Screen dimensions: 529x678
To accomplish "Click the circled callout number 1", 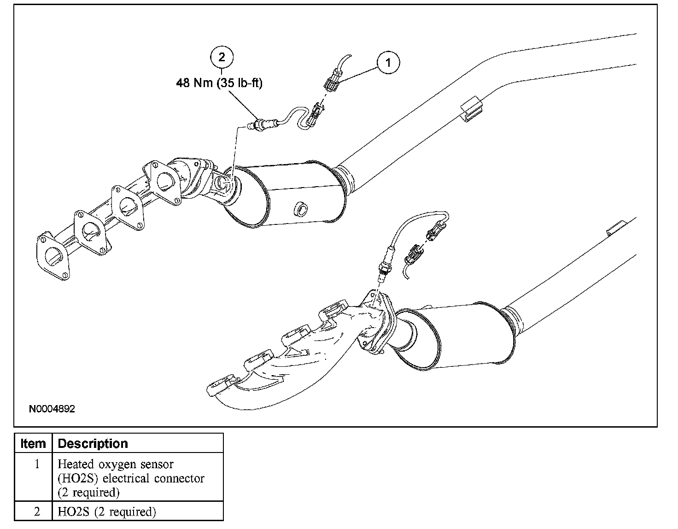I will click(388, 63).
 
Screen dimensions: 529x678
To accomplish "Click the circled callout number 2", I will click(222, 57).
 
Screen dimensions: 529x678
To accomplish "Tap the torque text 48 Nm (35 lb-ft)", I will click(219, 84).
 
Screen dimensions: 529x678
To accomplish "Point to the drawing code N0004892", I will click(52, 409).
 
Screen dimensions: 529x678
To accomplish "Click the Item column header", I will click(33, 444).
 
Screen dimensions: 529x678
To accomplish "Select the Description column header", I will click(93, 444).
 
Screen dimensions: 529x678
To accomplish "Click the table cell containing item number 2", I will click(36, 511).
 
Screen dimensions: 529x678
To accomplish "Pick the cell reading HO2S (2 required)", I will click(106, 511).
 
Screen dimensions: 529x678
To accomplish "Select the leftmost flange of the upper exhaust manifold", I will click(53, 256).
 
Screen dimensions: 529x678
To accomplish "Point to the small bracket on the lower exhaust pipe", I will click(616, 229).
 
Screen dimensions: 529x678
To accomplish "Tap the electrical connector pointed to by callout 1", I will click(333, 84).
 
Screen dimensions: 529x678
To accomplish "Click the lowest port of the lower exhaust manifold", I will click(222, 386).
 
